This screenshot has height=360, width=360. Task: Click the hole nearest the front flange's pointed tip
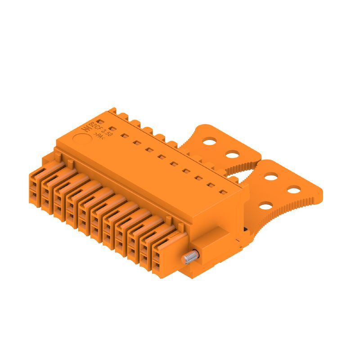293,189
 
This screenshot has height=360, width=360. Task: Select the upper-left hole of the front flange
270,176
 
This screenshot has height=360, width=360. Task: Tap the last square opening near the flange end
222,193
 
